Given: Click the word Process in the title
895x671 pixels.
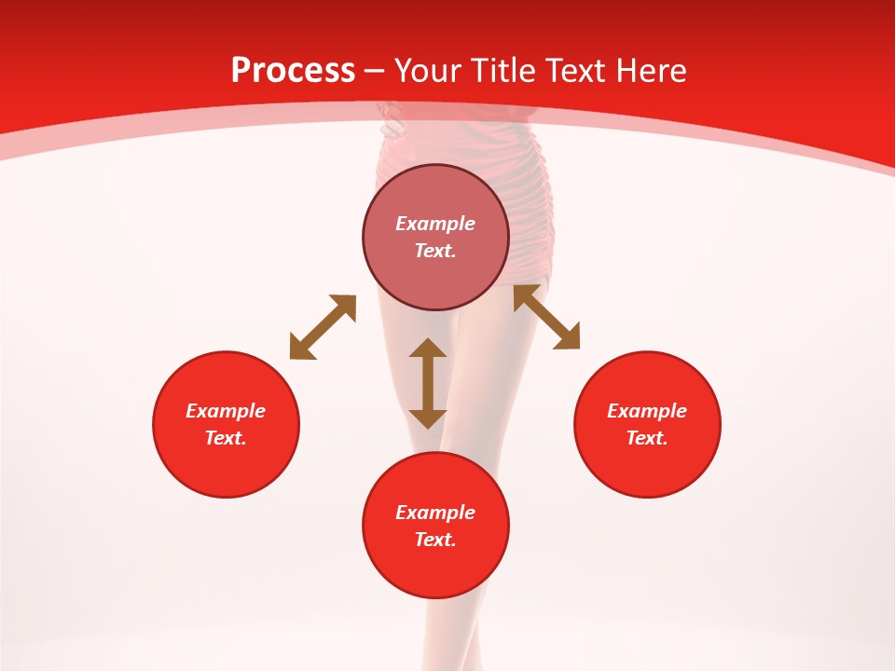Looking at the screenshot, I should [x=293, y=71].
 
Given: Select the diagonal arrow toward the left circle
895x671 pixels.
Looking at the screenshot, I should [x=323, y=327].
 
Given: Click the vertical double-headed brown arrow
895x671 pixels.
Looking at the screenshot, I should [x=428, y=383].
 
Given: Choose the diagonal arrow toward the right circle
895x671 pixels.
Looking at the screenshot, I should [x=547, y=317].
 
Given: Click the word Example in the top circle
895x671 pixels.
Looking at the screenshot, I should [x=435, y=224].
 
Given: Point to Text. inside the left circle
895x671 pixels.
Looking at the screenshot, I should [x=226, y=438].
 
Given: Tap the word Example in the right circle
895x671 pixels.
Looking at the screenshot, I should [x=647, y=411].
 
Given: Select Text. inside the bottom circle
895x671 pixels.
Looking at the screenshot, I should [x=435, y=540].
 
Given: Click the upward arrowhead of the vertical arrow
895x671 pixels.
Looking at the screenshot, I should [x=428, y=348].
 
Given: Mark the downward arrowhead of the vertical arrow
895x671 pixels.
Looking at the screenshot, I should [x=428, y=418].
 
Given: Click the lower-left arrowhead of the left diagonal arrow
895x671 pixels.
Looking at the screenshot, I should [x=298, y=350].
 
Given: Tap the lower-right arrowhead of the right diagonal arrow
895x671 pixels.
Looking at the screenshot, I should [x=570, y=340].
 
